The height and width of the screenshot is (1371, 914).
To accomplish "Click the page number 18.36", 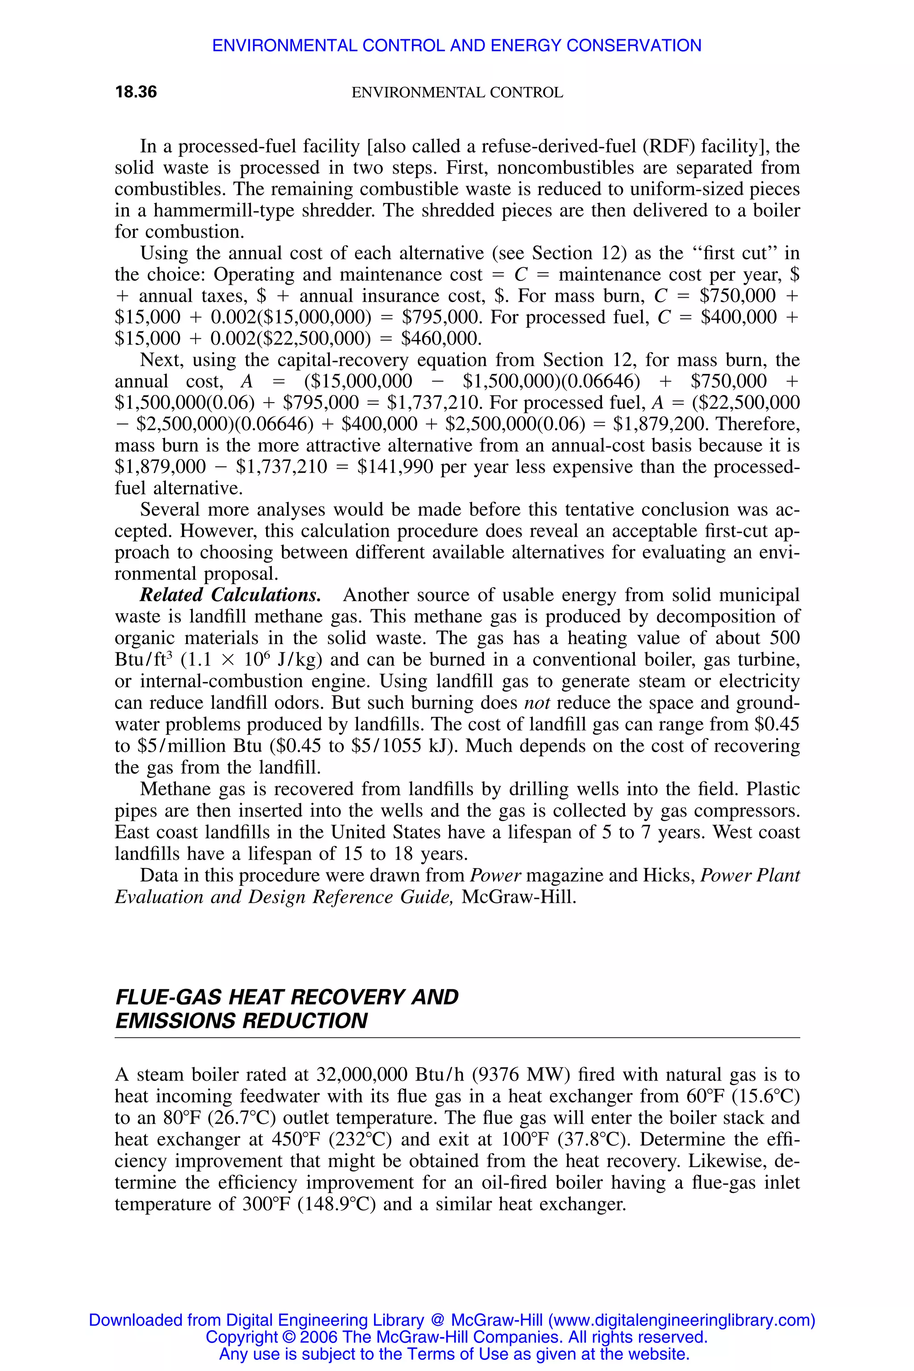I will point(136,92).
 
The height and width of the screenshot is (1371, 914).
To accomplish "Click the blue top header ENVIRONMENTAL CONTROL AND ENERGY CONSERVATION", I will point(457,46).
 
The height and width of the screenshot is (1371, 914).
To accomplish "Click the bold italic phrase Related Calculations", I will point(230,595).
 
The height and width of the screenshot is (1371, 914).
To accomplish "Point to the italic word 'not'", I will point(537,703).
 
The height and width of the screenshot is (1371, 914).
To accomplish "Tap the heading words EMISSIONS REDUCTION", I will point(241,1021).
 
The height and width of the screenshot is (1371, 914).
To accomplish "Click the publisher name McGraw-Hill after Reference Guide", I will point(518,897).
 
